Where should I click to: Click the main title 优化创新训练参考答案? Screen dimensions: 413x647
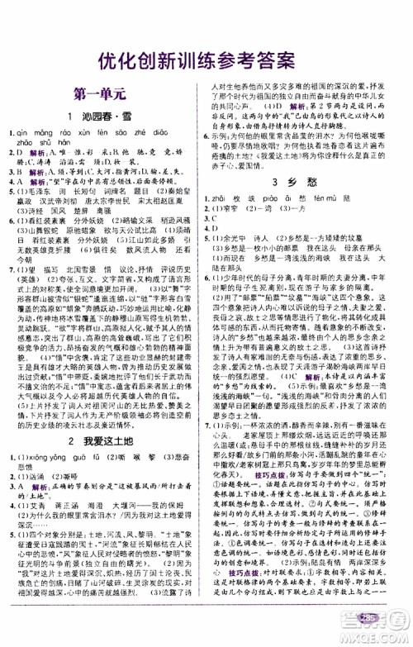(206, 59)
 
